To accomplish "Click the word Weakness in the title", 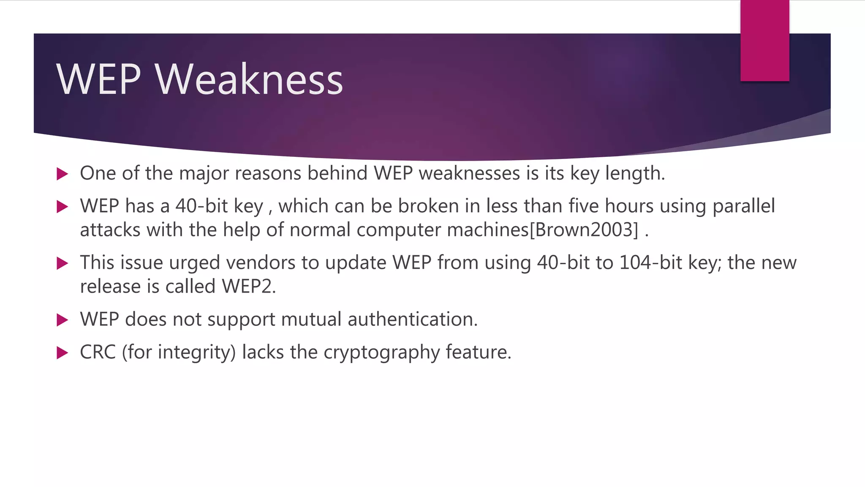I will [249, 79].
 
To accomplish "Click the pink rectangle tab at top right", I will [764, 41].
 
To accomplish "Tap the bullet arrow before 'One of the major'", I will [62, 174].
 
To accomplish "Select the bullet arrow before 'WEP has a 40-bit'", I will [62, 206].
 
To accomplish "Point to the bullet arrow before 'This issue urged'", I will [62, 263].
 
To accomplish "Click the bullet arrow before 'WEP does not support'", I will [62, 320].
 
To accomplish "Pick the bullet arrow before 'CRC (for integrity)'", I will [62, 353].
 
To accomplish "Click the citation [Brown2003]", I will [584, 230].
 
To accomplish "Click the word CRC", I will [98, 352].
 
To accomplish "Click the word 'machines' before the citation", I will [487, 230].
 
